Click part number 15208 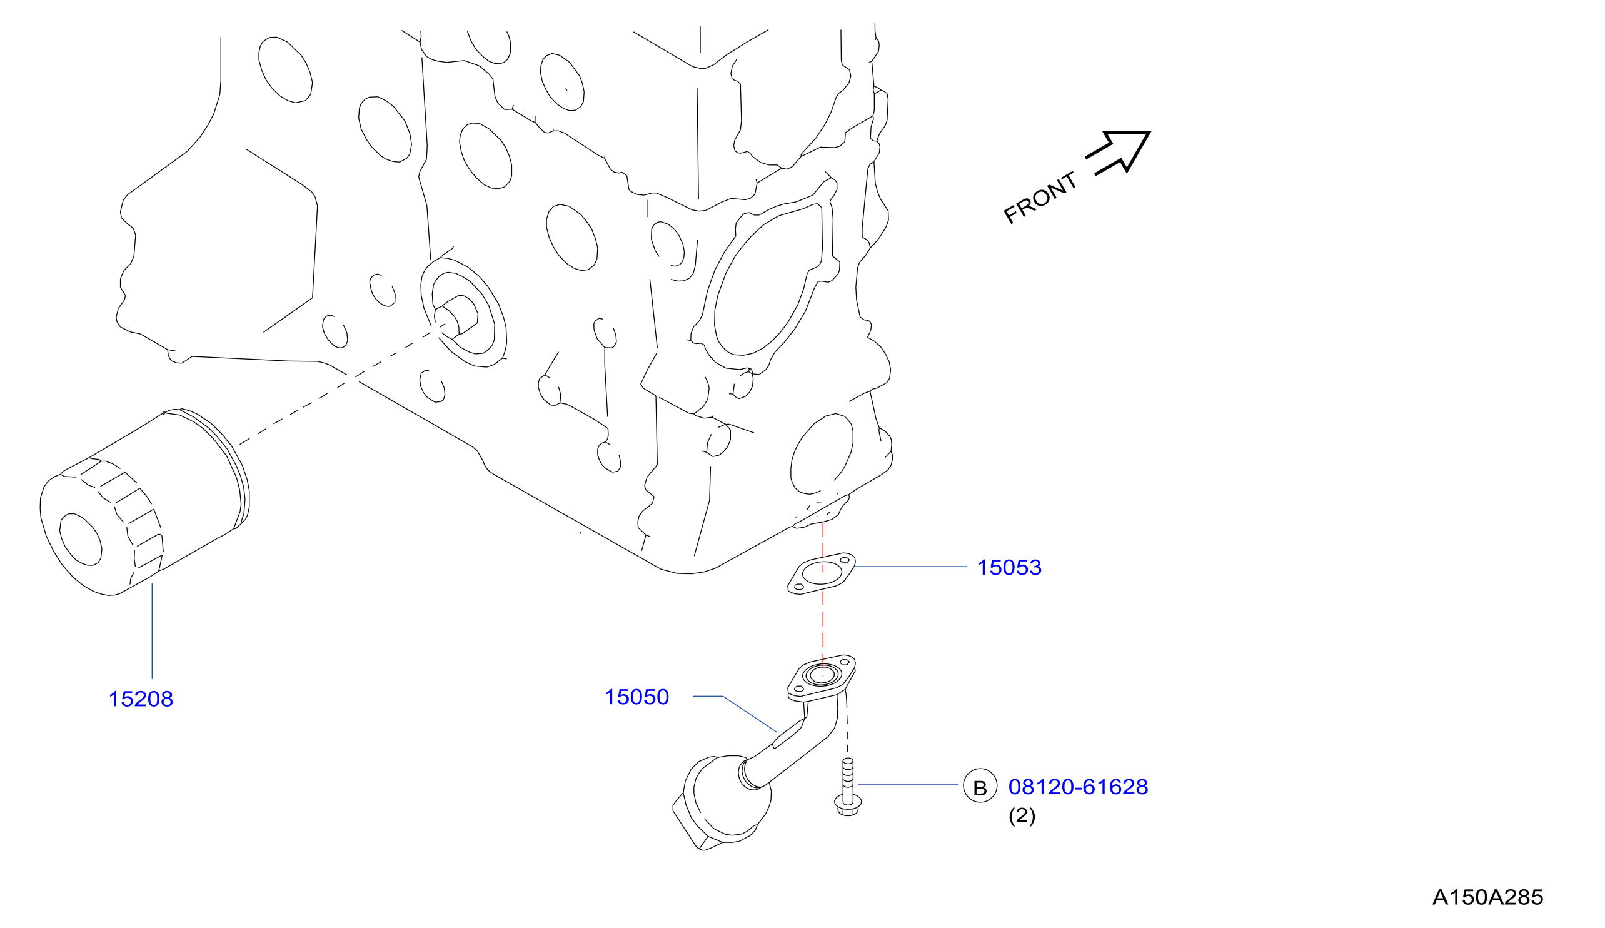coord(141,699)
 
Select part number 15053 coord(1010,568)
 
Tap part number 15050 coord(637,697)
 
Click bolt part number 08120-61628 coord(1079,787)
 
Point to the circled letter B coord(980,785)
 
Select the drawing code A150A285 coord(1488,897)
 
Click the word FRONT coord(1040,198)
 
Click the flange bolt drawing coord(848,787)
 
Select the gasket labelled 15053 coord(822,573)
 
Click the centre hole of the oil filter coord(81,539)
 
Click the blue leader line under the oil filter coord(152,630)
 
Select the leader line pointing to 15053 coord(911,566)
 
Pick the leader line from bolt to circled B coord(908,785)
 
